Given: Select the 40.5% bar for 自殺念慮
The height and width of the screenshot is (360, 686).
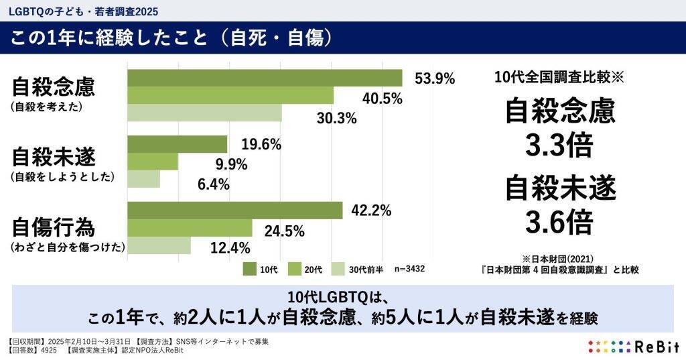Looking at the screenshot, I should (230, 96).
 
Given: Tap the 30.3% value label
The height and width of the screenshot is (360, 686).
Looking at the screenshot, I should (336, 118).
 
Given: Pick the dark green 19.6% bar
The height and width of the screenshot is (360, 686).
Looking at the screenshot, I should (178, 144).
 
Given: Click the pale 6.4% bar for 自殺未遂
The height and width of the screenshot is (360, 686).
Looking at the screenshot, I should (144, 179).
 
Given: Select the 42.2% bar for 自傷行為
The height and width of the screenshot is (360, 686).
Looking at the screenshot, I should (235, 211).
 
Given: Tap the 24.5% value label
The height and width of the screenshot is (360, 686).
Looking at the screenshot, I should (285, 231).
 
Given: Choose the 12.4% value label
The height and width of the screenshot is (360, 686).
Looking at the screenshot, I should (230, 249).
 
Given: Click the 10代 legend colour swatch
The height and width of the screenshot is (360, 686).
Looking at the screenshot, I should (249, 269).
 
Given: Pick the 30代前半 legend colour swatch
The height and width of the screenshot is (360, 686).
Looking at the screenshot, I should (338, 269).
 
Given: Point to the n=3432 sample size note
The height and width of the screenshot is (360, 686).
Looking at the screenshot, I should (409, 269).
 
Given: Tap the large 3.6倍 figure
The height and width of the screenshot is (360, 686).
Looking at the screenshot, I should (559, 221).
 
